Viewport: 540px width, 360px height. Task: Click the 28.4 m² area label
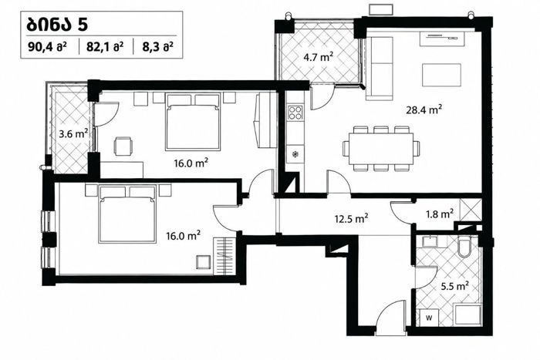[x=424, y=110]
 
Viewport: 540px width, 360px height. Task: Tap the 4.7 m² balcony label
[x=318, y=56]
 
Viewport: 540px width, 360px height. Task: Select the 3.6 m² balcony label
[x=73, y=133]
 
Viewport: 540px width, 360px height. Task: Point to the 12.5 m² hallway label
[x=351, y=219]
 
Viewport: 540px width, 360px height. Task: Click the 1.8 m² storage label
[x=440, y=214]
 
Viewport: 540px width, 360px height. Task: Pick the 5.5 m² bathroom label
[x=454, y=286]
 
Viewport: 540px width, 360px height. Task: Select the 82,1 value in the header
[x=96, y=46]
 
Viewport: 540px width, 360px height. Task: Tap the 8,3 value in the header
[x=150, y=46]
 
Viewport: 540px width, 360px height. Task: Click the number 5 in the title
[x=83, y=25]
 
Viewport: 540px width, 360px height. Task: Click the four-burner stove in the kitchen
[x=295, y=113]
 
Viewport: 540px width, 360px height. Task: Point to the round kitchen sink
[x=295, y=154]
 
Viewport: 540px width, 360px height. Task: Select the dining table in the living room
[x=381, y=149]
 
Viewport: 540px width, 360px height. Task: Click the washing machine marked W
[x=429, y=318]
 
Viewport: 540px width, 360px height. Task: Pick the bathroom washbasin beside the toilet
[x=430, y=241]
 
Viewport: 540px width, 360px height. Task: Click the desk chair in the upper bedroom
[x=123, y=146]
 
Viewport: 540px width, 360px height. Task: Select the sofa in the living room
[x=380, y=69]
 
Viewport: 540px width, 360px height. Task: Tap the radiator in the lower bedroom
[x=224, y=256]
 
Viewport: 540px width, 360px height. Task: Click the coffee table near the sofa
[x=441, y=76]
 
